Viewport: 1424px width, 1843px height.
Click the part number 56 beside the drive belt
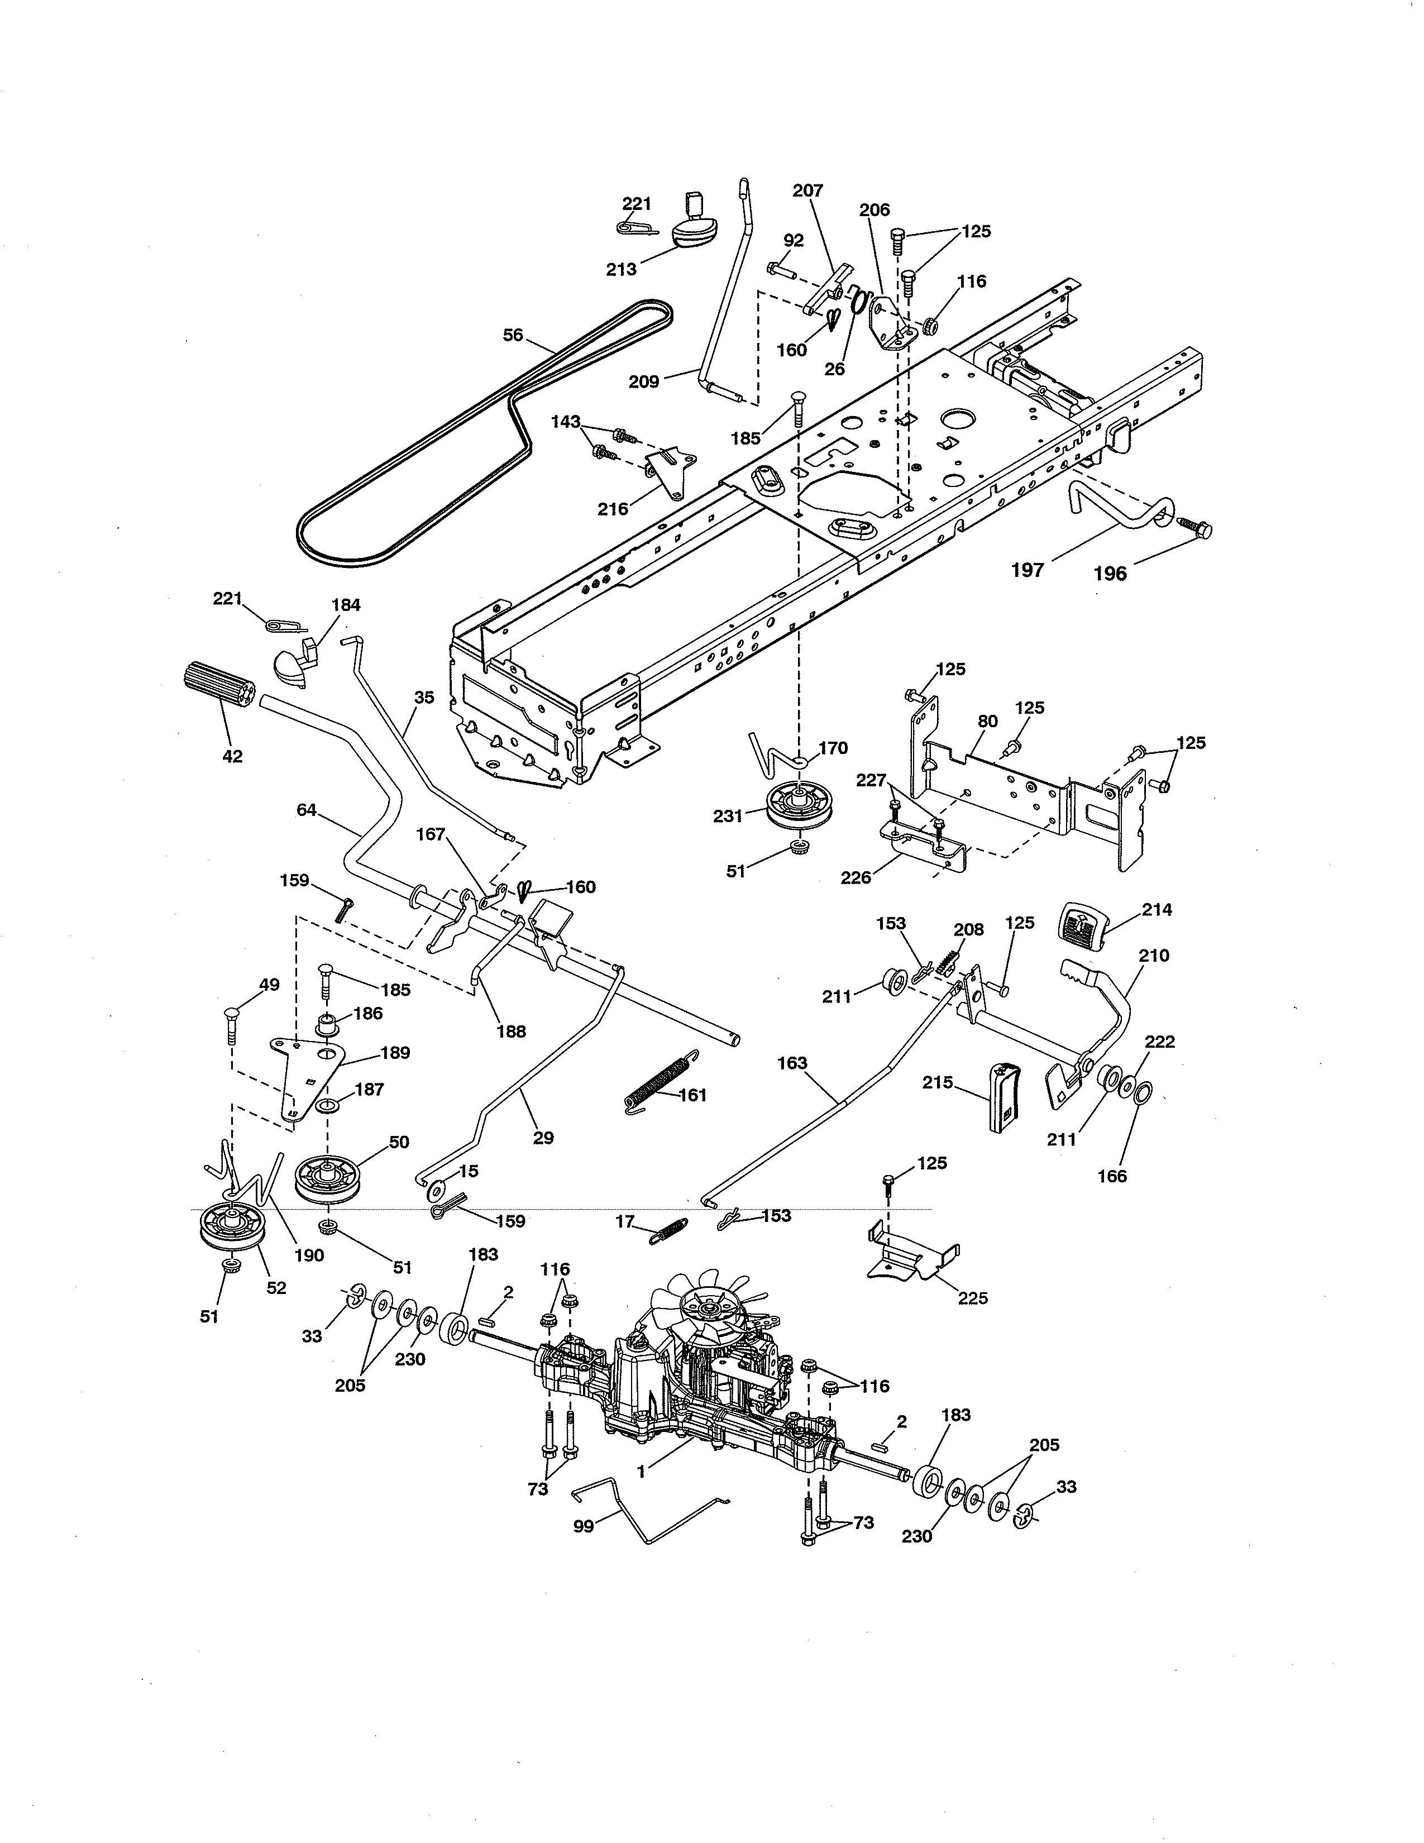pos(513,335)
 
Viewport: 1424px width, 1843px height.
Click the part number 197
pos(1028,570)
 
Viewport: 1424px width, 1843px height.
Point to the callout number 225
pos(973,1298)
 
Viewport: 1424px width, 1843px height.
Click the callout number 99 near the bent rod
pos(583,1526)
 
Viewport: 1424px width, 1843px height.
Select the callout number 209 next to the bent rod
pos(644,382)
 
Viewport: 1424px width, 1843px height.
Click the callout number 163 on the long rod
pos(792,1063)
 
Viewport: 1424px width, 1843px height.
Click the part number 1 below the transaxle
pos(641,1471)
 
